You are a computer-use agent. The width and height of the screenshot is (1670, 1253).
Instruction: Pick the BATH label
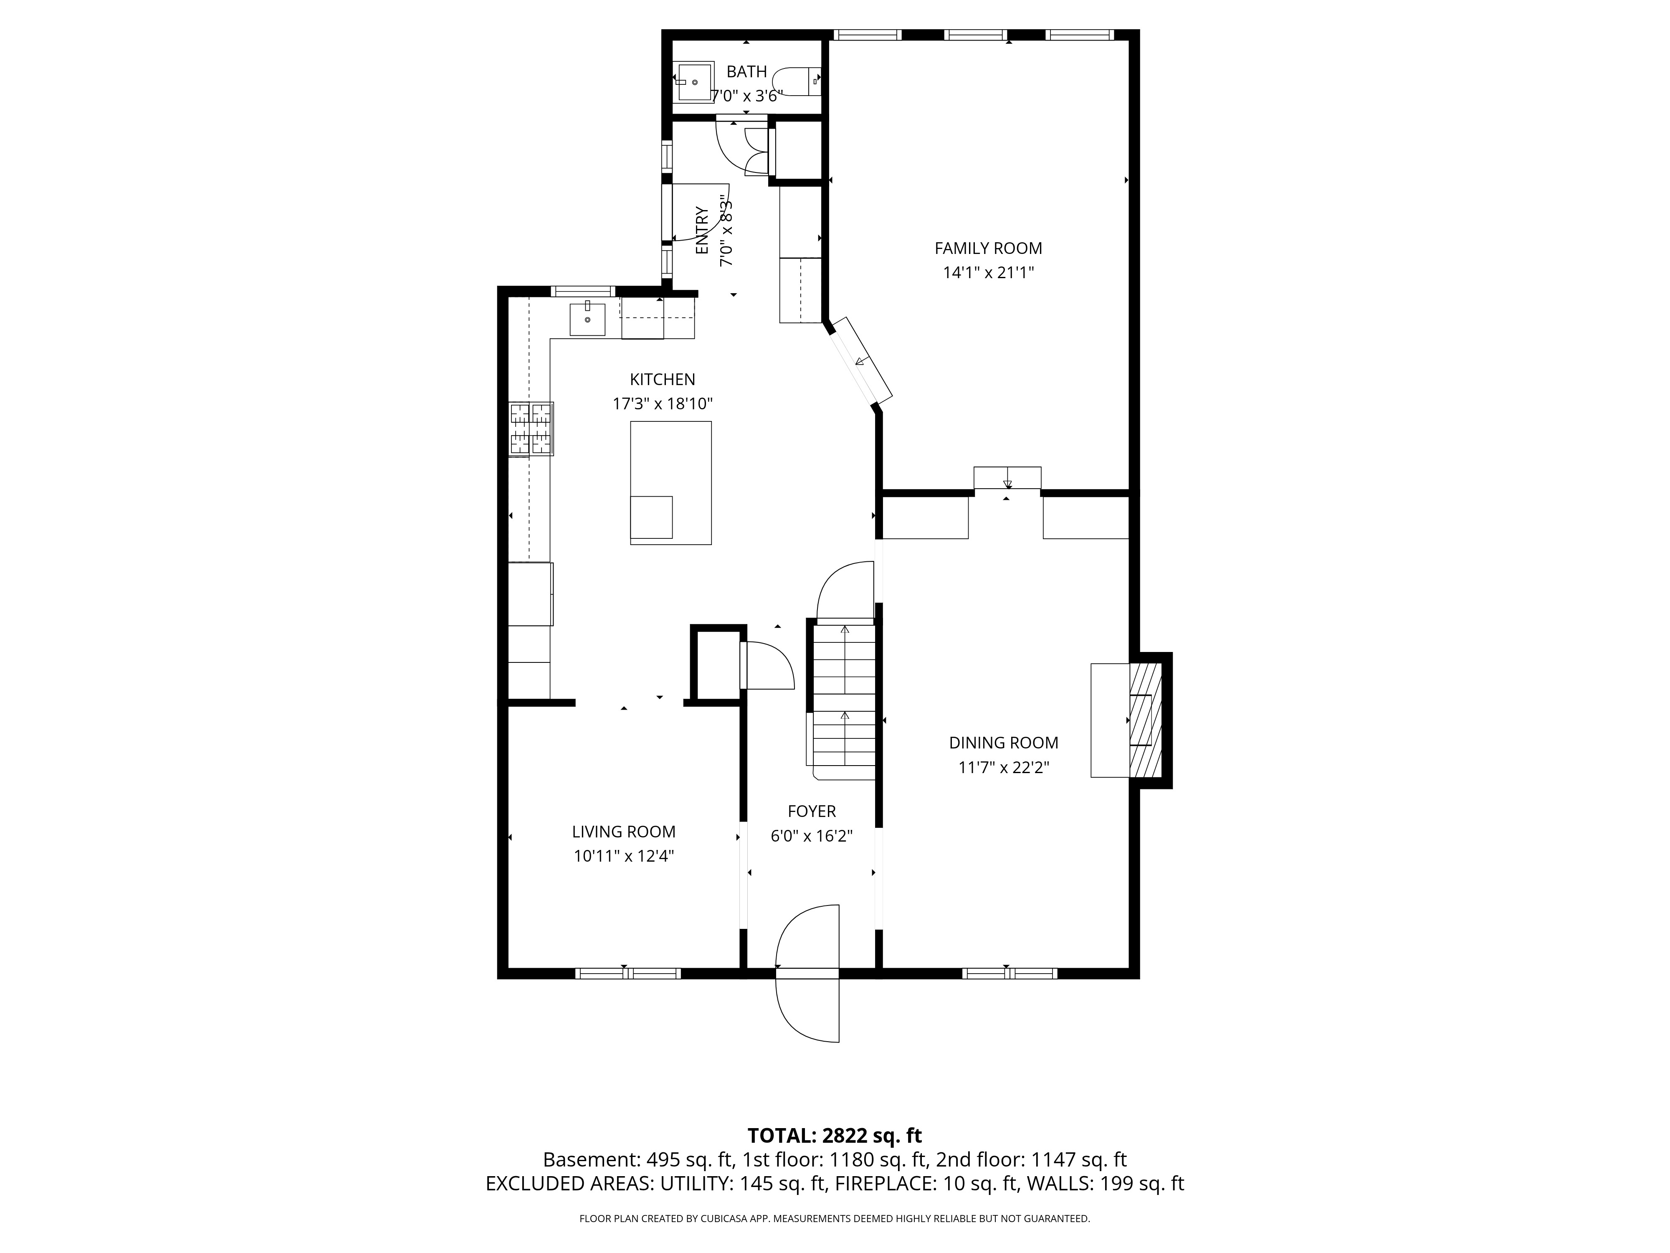click(x=746, y=72)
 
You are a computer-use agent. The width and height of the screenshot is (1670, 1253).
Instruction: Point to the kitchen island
click(x=671, y=483)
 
